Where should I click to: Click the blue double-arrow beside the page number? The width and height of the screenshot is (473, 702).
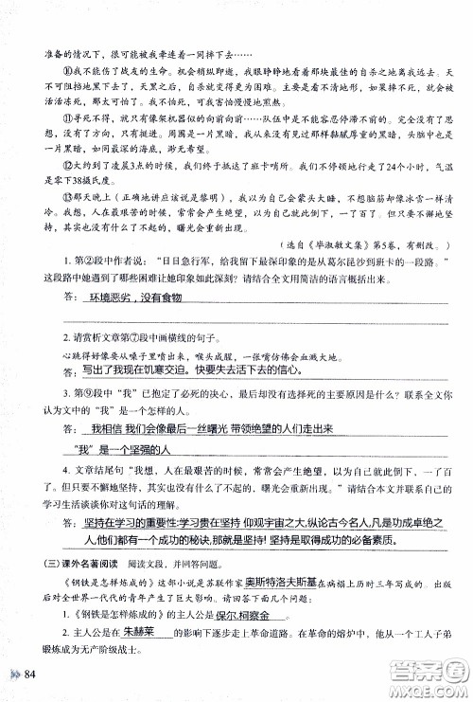[13, 674]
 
